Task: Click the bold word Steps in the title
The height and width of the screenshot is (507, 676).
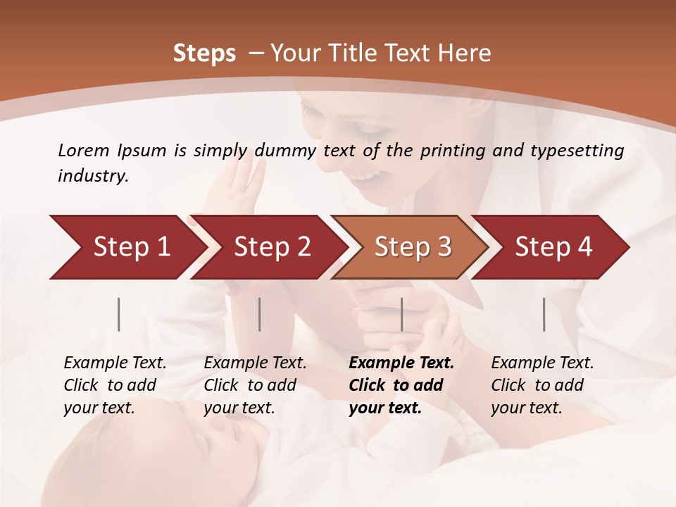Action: tap(204, 54)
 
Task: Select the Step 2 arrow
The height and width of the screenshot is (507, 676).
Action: tap(272, 247)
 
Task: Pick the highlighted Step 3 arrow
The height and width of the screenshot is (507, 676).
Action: tap(413, 247)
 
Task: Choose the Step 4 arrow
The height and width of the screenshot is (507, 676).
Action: tap(553, 247)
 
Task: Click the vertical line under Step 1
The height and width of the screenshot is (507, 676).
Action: tap(119, 314)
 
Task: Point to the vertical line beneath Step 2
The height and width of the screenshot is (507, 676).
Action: tap(260, 314)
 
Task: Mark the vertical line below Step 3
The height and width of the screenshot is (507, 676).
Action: tap(401, 314)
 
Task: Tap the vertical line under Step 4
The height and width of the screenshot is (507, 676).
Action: tap(544, 314)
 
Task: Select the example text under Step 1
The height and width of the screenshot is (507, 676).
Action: tap(114, 385)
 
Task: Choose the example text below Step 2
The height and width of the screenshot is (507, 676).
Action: tap(254, 385)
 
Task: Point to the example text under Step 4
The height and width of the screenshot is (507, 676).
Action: tap(542, 385)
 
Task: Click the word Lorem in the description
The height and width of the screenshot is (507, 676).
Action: tap(84, 150)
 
